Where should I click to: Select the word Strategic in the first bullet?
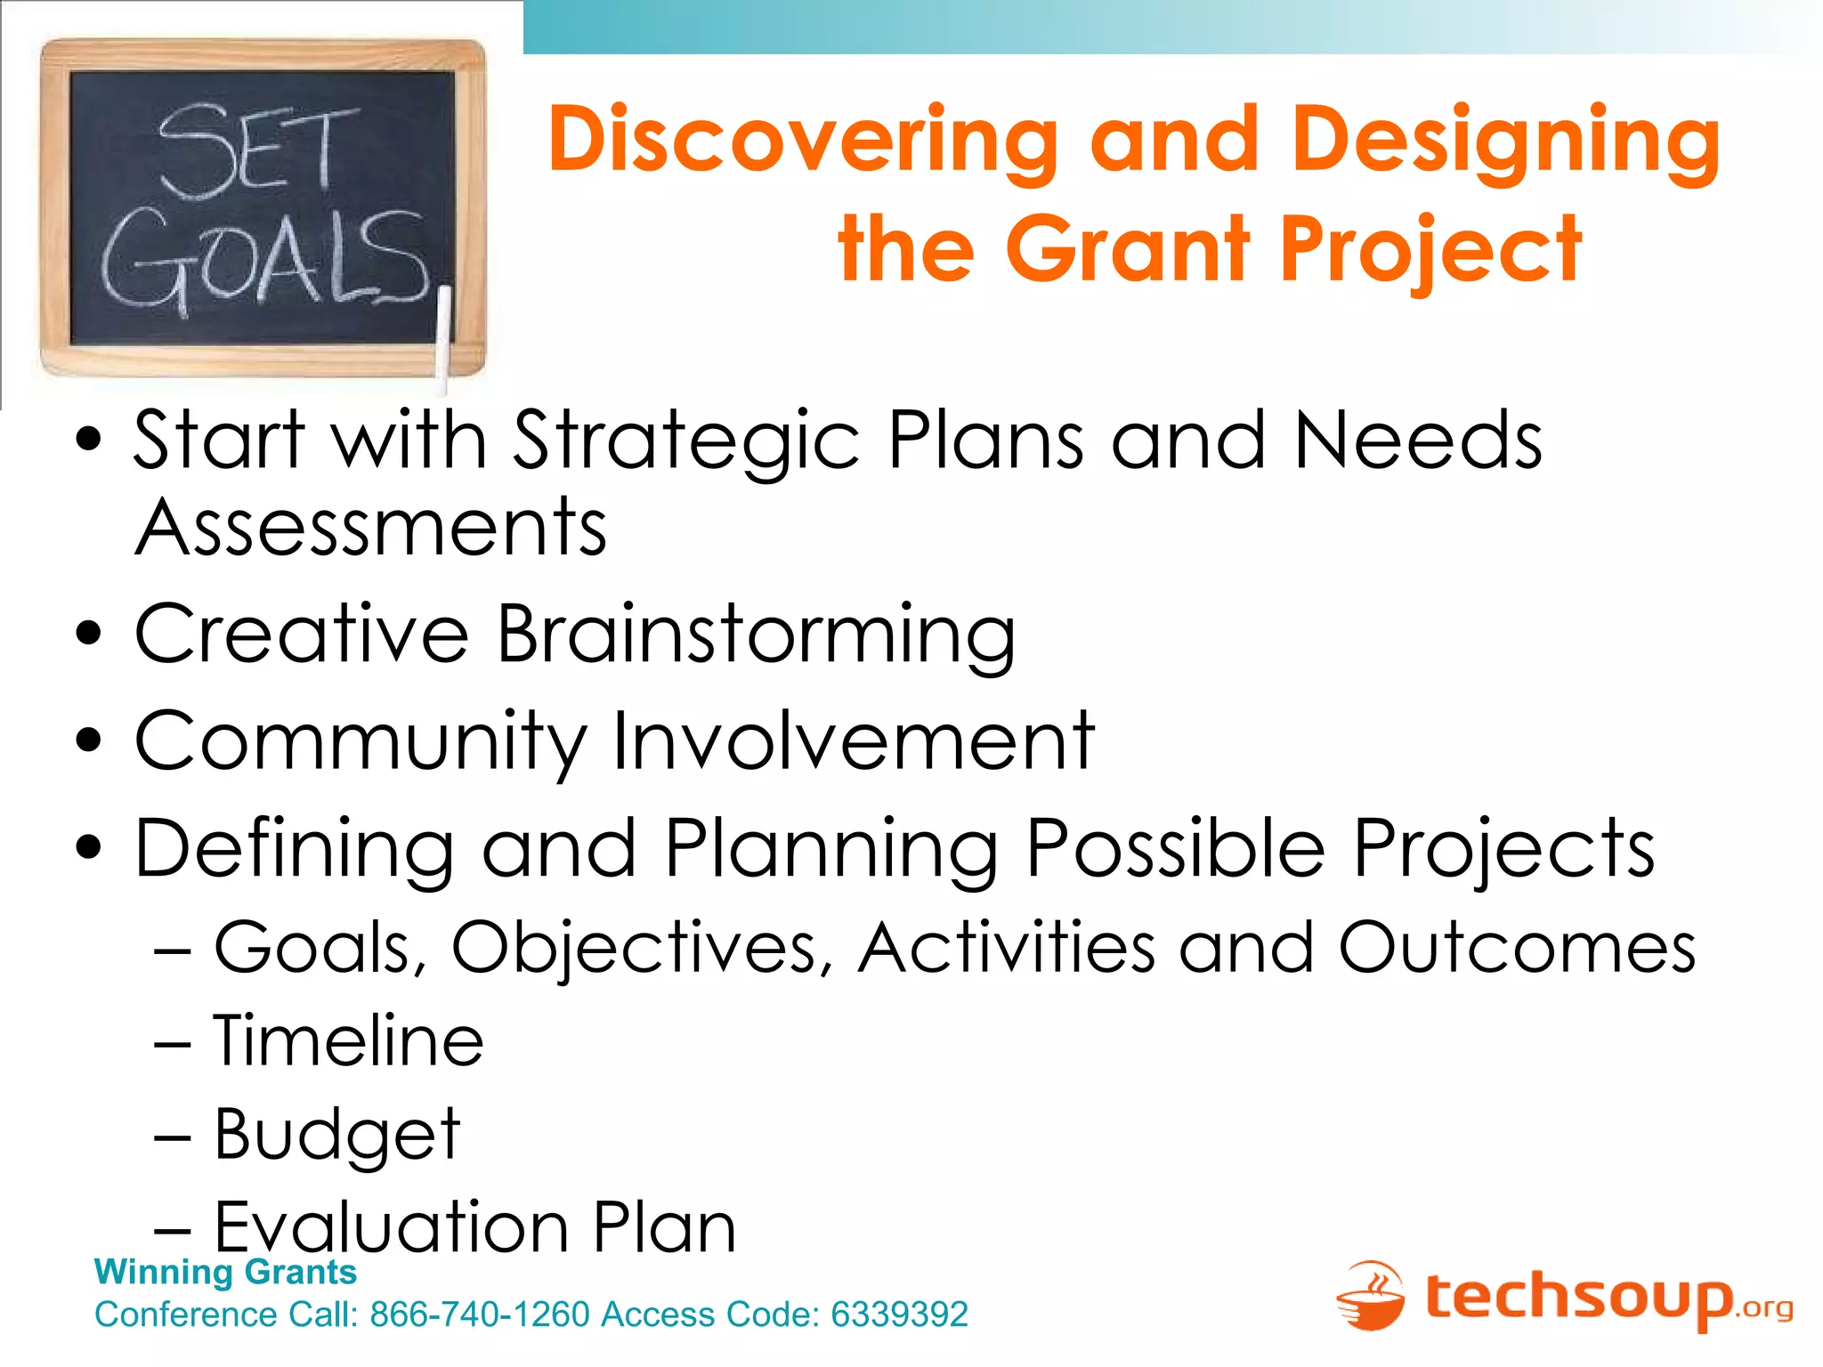[x=685, y=441]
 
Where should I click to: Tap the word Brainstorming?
[x=755, y=635]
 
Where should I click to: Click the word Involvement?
[x=853, y=741]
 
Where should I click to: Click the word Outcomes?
[x=1517, y=949]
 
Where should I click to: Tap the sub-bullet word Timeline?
[x=348, y=1041]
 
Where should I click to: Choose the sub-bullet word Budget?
[x=337, y=1135]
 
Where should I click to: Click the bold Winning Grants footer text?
[x=225, y=1272]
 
